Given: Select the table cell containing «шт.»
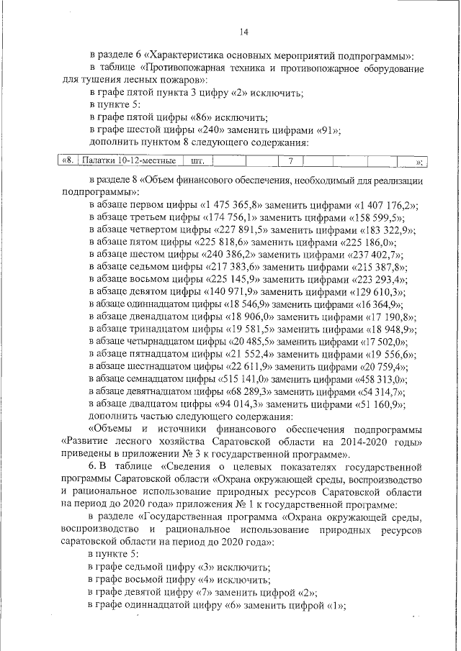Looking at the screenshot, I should pos(197,160).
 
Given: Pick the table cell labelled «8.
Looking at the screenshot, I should pos(66,160).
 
